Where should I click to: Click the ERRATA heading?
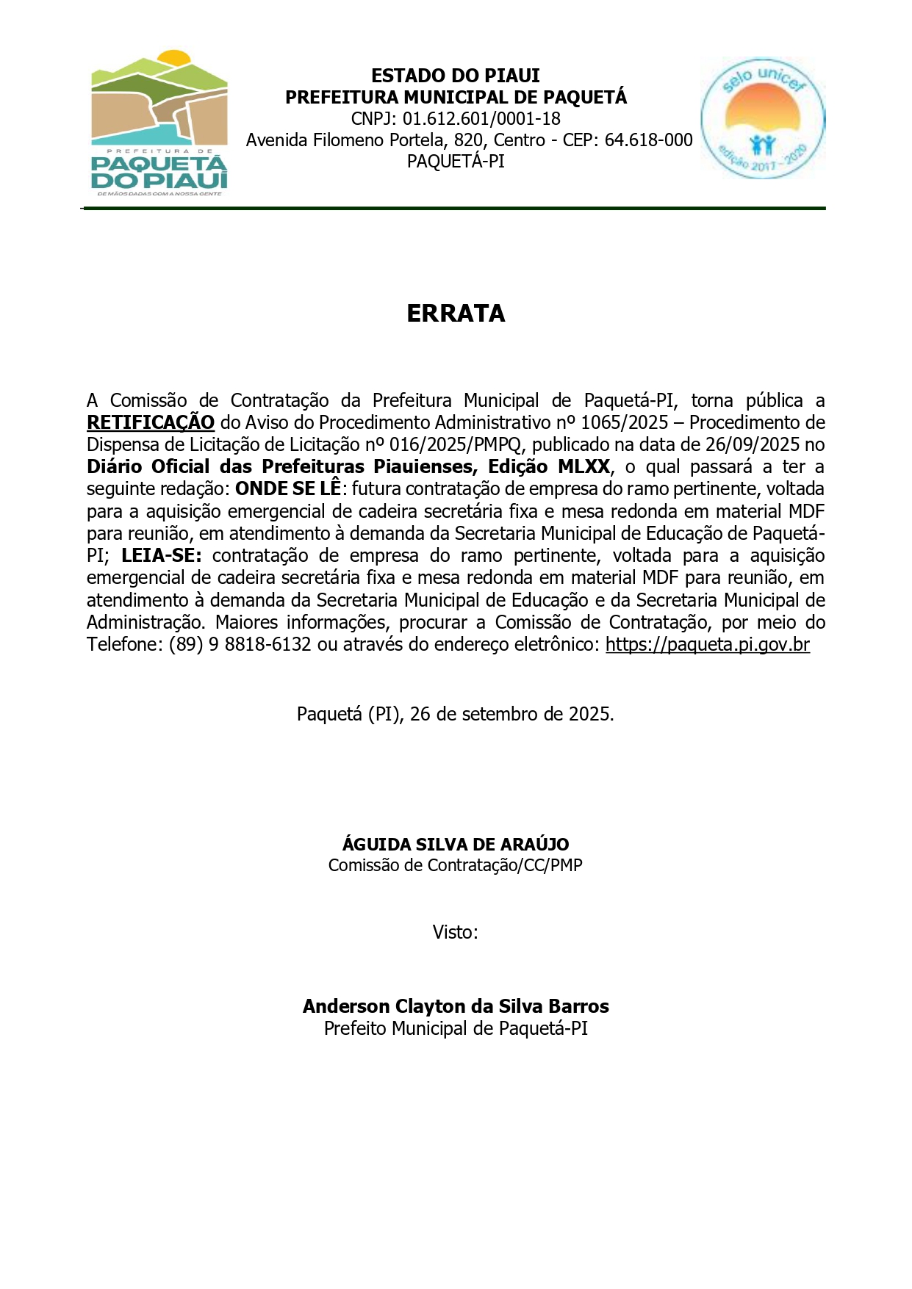coord(456,314)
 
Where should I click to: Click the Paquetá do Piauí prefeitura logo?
coord(159,123)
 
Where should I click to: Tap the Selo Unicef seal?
coord(762,118)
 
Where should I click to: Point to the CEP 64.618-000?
coord(648,140)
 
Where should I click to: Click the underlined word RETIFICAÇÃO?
coord(151,423)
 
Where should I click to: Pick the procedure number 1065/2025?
coord(624,423)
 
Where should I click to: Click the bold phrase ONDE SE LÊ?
coord(288,489)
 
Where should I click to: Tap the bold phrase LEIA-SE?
coord(162,556)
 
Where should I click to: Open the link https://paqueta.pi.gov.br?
coord(707,645)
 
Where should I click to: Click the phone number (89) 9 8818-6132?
coord(240,645)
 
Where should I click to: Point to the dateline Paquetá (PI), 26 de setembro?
coord(455,714)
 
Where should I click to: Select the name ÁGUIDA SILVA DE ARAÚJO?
coord(456,845)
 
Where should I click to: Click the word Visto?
coord(456,933)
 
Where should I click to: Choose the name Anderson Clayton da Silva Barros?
coord(456,1006)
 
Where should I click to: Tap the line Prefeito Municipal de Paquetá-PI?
coord(456,1029)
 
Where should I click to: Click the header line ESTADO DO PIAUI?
coord(456,76)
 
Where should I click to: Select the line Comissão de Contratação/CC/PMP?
coord(456,866)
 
